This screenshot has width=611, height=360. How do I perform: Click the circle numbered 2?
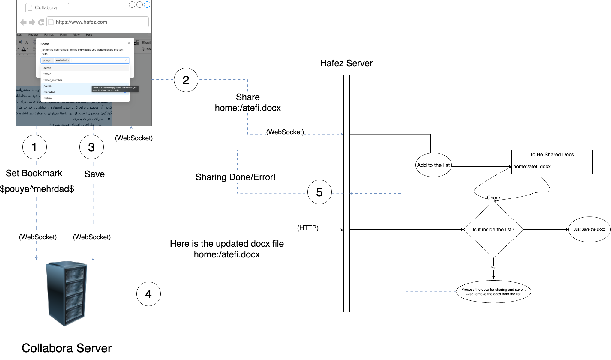186,80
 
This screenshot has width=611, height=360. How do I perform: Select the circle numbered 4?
148,294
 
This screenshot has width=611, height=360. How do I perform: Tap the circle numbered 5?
319,192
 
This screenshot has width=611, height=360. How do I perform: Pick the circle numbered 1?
34,147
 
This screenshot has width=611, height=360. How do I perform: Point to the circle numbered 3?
91,147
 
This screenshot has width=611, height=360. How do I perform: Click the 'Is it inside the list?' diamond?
493,229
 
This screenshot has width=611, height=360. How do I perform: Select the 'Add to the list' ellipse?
433,165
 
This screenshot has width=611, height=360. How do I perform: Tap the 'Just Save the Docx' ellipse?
589,229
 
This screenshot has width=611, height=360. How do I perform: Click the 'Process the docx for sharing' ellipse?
493,292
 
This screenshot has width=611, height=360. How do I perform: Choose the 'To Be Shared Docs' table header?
552,154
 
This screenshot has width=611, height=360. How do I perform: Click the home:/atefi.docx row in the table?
552,167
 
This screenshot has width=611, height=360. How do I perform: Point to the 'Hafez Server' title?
346,63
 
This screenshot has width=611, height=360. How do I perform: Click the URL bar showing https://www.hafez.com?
97,22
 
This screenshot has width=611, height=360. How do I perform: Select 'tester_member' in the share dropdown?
53,80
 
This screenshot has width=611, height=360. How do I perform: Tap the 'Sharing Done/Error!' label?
235,177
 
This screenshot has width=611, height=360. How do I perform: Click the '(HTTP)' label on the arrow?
308,228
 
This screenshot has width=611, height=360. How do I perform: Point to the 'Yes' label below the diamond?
493,268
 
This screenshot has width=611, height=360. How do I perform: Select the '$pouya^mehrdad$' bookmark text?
37,189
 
